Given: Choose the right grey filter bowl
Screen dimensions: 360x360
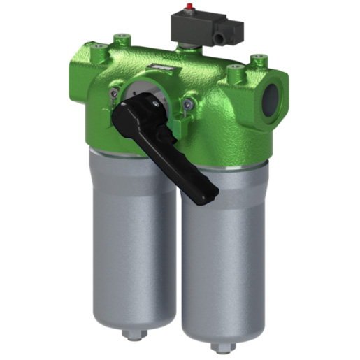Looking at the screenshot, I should [x=224, y=259].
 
